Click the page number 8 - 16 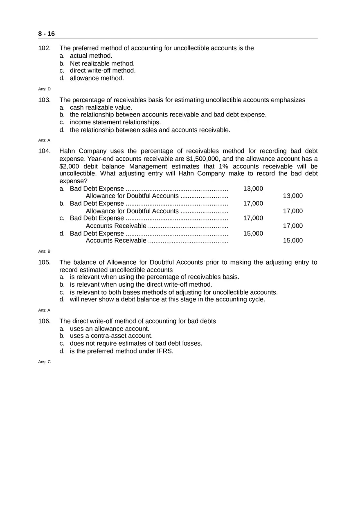click(46, 34)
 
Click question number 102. click(44, 48)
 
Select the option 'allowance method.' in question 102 click(97, 78)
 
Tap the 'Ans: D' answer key click(44, 89)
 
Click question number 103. click(44, 100)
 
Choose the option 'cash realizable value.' click(101, 108)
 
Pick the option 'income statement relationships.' click(115, 122)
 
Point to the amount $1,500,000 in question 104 click(203, 159)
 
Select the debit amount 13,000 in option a click(253, 189)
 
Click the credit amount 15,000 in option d click(293, 240)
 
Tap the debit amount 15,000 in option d click(253, 234)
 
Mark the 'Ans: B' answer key click(44, 251)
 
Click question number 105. click(44, 263)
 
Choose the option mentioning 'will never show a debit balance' click(167, 299)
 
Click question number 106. click(44, 321)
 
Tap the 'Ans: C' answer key click(44, 362)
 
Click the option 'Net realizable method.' click(102, 63)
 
